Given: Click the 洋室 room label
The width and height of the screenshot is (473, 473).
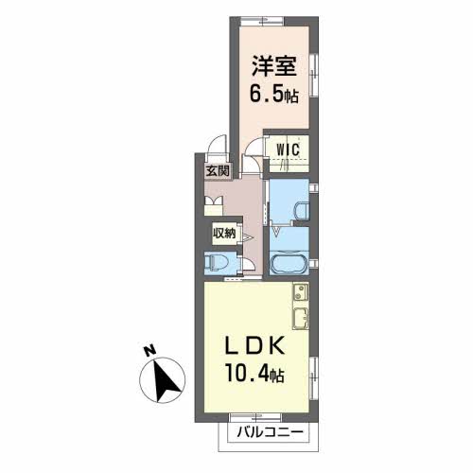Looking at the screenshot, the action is (x=273, y=66).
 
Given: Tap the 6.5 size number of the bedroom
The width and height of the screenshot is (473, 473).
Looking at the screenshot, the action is (x=266, y=94).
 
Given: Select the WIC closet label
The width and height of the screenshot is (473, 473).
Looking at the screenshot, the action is (x=288, y=149).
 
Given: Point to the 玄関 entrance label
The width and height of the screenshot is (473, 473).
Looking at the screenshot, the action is (x=218, y=171).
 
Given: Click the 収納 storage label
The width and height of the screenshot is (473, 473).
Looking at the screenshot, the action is (x=224, y=234).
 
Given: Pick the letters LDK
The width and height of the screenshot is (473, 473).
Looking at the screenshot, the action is (x=255, y=346).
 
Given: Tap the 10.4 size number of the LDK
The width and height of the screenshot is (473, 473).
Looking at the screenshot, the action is (x=247, y=375).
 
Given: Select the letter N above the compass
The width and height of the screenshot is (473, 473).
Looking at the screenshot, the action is (x=149, y=350).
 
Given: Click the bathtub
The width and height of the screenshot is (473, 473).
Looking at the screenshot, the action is (x=289, y=264).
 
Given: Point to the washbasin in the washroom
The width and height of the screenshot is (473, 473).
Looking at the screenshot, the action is (x=302, y=211).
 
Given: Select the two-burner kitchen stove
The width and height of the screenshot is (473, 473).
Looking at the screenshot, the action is (x=301, y=293).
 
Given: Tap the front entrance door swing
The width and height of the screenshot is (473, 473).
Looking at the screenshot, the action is (x=218, y=144).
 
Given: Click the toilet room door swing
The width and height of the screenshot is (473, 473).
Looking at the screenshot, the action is (x=249, y=264).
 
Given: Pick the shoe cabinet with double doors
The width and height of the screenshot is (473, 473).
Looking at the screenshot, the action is (x=214, y=206).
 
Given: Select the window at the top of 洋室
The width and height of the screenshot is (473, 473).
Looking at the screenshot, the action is (x=262, y=22).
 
